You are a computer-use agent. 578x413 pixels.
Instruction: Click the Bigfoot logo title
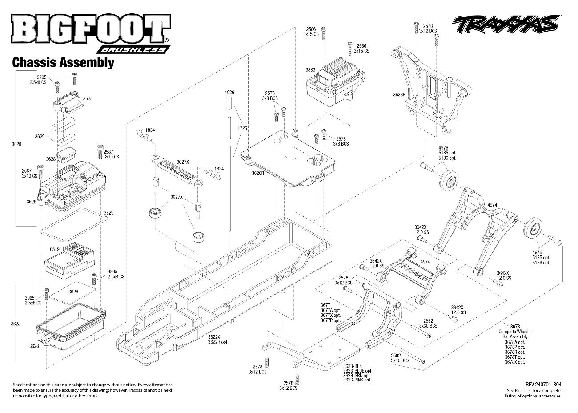click(90, 28)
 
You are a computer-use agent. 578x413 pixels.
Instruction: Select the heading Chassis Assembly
click(63, 63)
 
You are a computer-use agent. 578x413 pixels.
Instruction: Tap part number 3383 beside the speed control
click(310, 70)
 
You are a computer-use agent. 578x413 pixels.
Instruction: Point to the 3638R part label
click(399, 94)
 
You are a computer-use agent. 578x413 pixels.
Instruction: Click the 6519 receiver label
click(54, 249)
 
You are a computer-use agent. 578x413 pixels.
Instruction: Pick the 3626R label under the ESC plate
click(258, 173)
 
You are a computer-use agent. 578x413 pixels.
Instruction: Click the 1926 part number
click(229, 92)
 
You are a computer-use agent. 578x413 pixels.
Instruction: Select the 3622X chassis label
click(214, 337)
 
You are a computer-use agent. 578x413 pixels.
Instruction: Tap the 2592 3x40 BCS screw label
click(400, 358)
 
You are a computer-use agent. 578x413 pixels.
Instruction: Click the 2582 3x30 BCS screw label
click(428, 324)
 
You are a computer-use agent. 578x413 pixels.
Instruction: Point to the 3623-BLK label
click(353, 366)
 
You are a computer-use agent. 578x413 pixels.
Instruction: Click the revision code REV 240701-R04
click(543, 385)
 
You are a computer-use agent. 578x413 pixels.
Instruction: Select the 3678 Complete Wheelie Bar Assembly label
click(515, 332)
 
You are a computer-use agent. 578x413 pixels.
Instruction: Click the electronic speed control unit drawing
click(335, 82)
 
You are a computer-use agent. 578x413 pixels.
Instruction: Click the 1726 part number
click(242, 128)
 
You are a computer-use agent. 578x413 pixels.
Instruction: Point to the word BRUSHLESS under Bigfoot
click(133, 49)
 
